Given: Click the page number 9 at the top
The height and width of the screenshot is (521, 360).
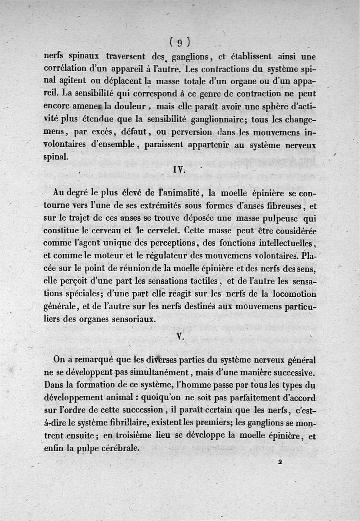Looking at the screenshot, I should coord(179,43).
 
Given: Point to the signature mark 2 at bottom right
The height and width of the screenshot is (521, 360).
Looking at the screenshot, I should coord(279,462).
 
